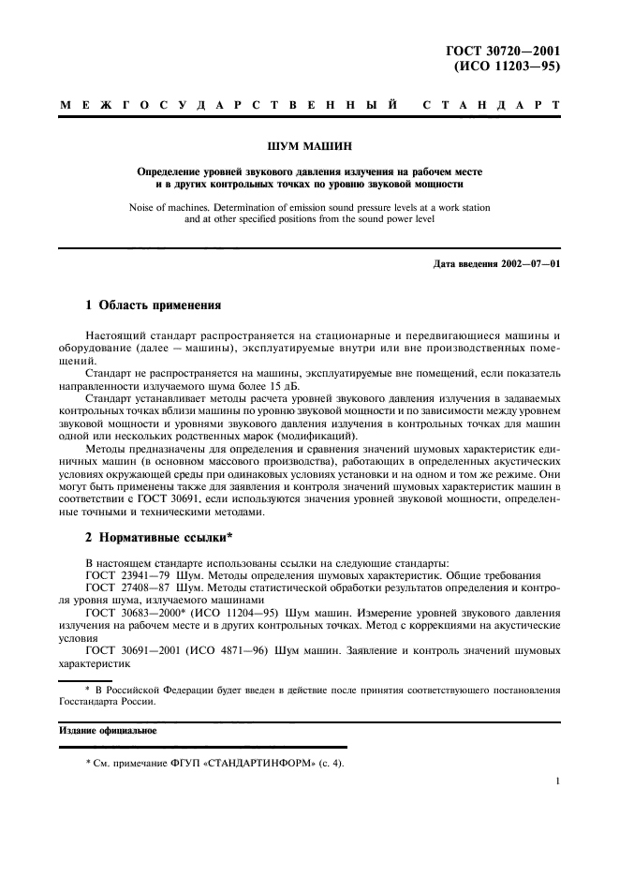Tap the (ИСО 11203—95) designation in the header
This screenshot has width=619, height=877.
click(507, 67)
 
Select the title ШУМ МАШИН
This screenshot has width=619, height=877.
click(308, 145)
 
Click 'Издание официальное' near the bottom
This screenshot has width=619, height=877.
click(107, 729)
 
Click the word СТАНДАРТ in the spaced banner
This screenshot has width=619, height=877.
click(492, 106)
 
